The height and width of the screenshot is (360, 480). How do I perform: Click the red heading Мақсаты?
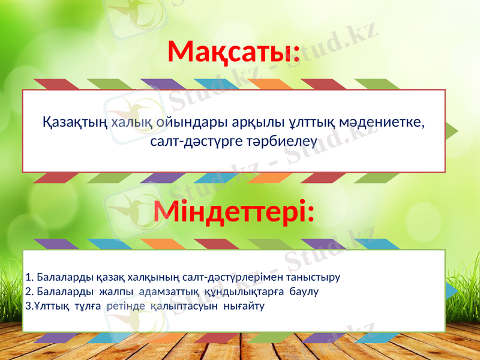233,52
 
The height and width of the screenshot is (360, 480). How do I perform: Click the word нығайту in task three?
244,306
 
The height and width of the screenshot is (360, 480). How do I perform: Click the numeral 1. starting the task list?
29,277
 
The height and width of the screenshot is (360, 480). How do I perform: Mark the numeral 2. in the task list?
29,292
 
